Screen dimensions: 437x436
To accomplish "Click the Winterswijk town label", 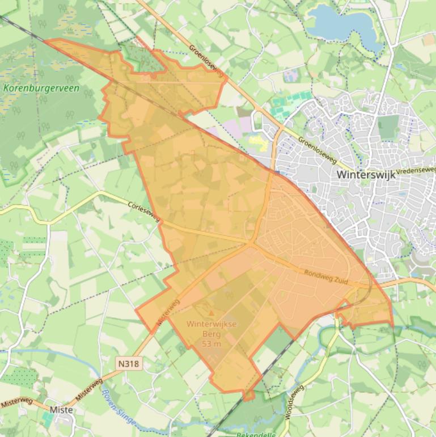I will coord(366,175).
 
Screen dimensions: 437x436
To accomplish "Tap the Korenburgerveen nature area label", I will coord(41,89).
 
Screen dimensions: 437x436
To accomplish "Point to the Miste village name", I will coord(61,410).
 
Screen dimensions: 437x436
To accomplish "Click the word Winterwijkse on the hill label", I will coord(211,324).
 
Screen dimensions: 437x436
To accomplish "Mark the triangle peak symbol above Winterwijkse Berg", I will coord(212,313).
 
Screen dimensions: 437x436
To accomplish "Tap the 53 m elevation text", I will coord(211,344).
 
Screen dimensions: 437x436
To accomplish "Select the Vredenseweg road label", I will coord(417,170).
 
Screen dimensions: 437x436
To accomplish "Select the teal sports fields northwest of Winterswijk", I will coord(291,102).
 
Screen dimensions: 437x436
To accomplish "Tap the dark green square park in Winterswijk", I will coord(388,127).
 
